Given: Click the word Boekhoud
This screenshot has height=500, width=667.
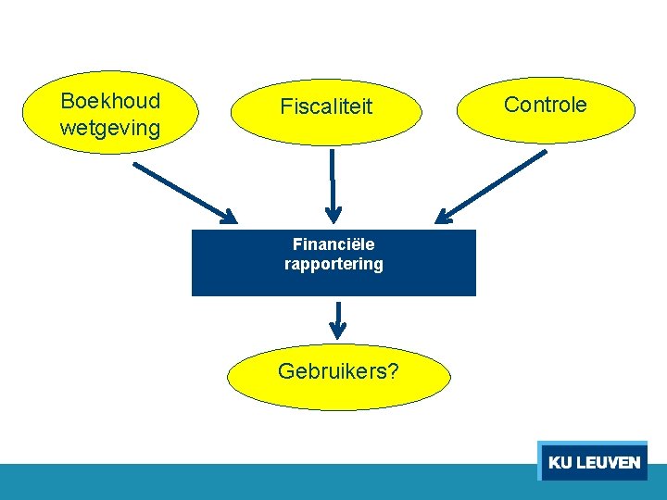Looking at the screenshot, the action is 109,101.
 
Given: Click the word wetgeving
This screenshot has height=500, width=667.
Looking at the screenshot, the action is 109,128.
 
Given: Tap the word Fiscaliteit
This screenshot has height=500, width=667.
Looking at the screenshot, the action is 326,107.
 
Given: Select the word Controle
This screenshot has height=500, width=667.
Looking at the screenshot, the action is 545,105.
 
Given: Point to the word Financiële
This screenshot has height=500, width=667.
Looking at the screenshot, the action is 333,244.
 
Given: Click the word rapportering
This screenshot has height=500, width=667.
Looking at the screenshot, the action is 333,264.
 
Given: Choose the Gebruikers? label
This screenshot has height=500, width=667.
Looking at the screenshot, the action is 339,372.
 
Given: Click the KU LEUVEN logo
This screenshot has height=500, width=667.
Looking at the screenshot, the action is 593,461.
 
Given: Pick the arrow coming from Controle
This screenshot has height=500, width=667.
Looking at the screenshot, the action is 491,188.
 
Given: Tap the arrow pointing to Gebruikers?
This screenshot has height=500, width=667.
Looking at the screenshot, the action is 338,319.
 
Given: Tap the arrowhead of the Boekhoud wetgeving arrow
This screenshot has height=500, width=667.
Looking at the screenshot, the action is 229,218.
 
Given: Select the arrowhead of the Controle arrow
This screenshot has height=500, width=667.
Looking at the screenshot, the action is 444,218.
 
